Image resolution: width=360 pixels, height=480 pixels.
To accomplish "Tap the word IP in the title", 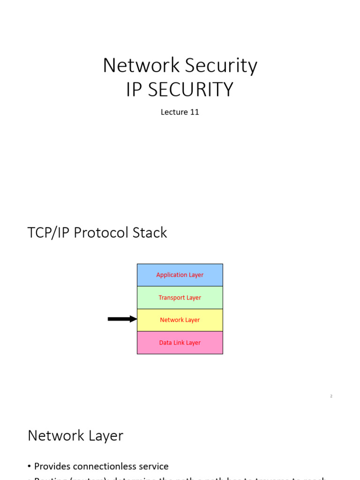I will click(x=134, y=90).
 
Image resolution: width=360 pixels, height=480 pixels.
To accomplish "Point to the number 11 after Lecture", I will click(x=195, y=112).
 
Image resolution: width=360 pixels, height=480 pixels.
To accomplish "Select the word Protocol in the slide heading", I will click(x=104, y=233).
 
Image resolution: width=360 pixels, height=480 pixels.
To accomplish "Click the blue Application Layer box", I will click(x=180, y=275).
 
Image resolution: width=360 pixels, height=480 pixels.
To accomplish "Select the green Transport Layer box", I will click(x=180, y=298).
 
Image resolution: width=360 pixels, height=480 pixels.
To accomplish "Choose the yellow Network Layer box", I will click(x=180, y=320).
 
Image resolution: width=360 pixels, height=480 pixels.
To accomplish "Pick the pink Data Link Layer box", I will click(x=180, y=343).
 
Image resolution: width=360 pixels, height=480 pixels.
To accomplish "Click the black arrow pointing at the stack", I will click(x=122, y=319).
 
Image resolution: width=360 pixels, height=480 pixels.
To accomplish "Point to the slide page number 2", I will click(x=331, y=396).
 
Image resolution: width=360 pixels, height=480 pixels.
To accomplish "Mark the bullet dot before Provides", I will click(x=30, y=467).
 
